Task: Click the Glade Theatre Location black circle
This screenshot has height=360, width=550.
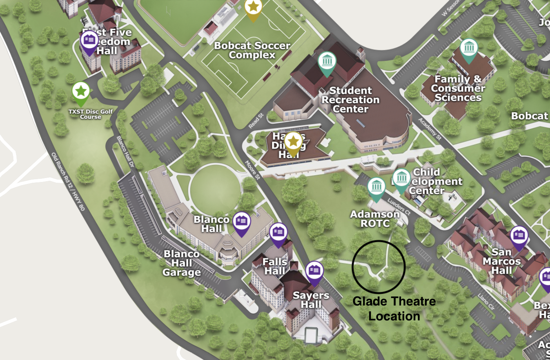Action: pyautogui.click(x=378, y=267)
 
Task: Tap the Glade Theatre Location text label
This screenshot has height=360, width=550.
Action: pyautogui.click(x=394, y=309)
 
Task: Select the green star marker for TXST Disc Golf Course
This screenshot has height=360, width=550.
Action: pyautogui.click(x=81, y=92)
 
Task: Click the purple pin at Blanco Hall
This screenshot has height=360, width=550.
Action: pyautogui.click(x=242, y=222)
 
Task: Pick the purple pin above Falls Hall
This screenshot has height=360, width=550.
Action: pyautogui.click(x=278, y=233)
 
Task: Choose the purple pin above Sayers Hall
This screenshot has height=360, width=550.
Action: pyautogui.click(x=314, y=271)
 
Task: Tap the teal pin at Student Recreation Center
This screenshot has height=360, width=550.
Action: pyautogui.click(x=327, y=62)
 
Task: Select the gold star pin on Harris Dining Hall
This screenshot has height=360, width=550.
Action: pyautogui.click(x=293, y=142)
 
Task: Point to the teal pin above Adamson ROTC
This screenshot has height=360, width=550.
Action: pyautogui.click(x=376, y=187)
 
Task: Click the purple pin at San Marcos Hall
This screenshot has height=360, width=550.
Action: pyautogui.click(x=519, y=236)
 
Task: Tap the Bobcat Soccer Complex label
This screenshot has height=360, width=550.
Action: pyautogui.click(x=252, y=50)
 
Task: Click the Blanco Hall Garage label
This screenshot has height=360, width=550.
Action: pyautogui.click(x=182, y=263)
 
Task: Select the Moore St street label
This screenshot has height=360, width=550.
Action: pyautogui.click(x=253, y=170)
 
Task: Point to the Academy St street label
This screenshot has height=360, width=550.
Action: pyautogui.click(x=430, y=129)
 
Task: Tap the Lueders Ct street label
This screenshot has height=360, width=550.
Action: pyautogui.click(x=399, y=206)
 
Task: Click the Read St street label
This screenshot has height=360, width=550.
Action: pyautogui.click(x=256, y=121)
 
